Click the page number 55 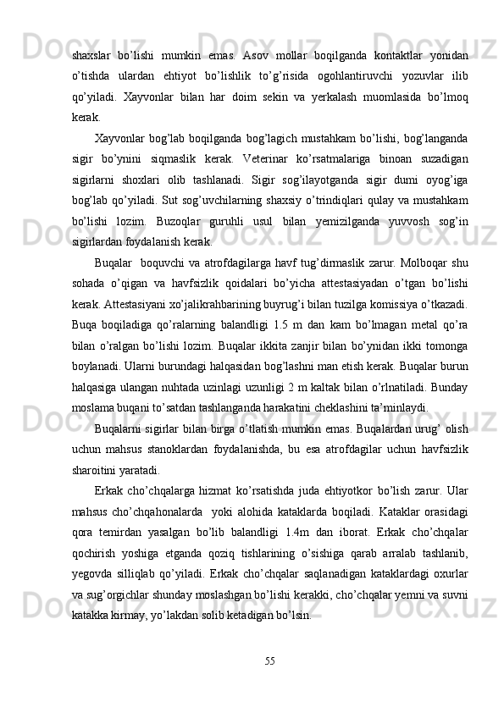pyautogui.click(x=269, y=659)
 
